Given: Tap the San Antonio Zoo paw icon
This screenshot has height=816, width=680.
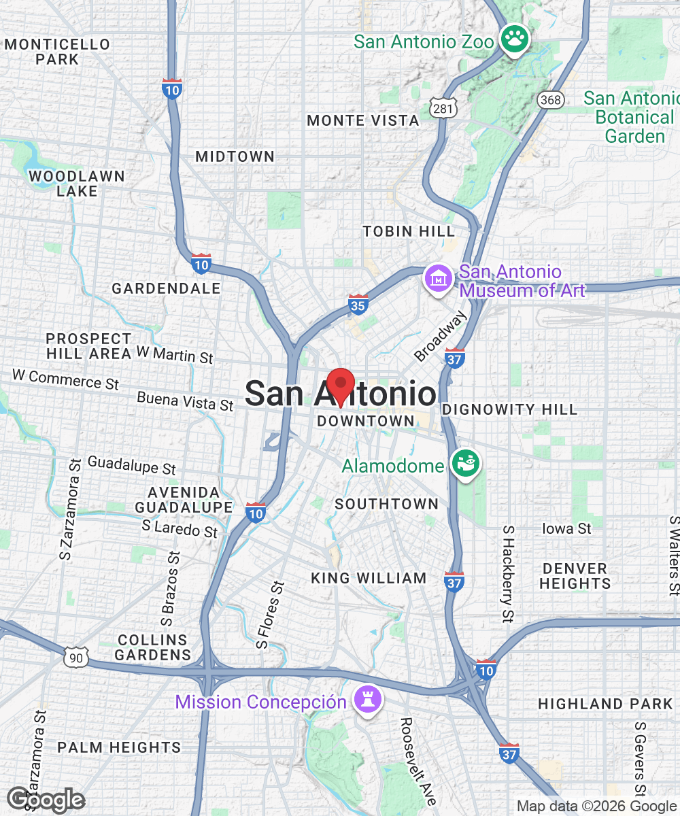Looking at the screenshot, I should coord(515,39).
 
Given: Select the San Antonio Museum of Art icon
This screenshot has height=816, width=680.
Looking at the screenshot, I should coord(439,279).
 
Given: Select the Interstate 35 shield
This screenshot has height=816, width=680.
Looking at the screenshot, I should coord(358,305).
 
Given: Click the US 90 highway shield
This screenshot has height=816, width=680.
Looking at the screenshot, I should coord(75,657).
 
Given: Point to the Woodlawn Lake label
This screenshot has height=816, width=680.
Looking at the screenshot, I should coord(76,184).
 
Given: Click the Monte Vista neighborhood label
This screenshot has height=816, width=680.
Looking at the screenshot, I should coord(363,121).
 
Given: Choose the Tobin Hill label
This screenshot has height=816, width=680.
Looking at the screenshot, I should coord(409,231).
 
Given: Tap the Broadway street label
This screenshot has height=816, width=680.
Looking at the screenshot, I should coord(441,336).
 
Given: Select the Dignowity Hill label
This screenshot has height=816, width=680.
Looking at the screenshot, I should coord(509,409).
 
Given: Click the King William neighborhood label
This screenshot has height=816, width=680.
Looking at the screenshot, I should coord(369,579).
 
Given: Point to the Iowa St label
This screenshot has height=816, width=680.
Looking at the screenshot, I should coord(566,528).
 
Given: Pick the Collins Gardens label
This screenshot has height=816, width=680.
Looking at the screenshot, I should coord(152,647).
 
